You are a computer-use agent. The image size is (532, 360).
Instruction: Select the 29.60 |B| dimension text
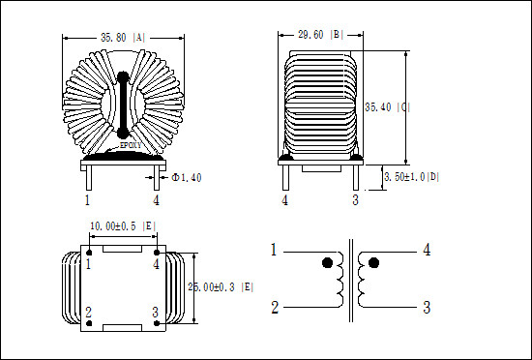[x=321, y=36]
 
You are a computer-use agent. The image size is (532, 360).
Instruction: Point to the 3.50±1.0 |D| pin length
[x=412, y=177]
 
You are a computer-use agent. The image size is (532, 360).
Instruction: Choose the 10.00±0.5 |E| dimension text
[x=122, y=225]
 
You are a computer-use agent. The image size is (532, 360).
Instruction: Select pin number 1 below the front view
[x=87, y=200]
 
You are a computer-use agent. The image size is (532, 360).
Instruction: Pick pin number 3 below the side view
[x=355, y=200]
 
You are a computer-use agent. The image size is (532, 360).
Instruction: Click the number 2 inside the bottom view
[x=89, y=312]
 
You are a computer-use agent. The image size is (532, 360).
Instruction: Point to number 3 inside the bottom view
[x=154, y=312]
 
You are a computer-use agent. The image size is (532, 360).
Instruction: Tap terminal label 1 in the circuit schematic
[x=275, y=251]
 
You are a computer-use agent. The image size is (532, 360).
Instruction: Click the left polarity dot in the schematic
[x=327, y=262]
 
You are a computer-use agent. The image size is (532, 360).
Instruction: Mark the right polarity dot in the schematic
[x=373, y=262]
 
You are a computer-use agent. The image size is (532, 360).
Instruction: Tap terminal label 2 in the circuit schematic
[x=275, y=308]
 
